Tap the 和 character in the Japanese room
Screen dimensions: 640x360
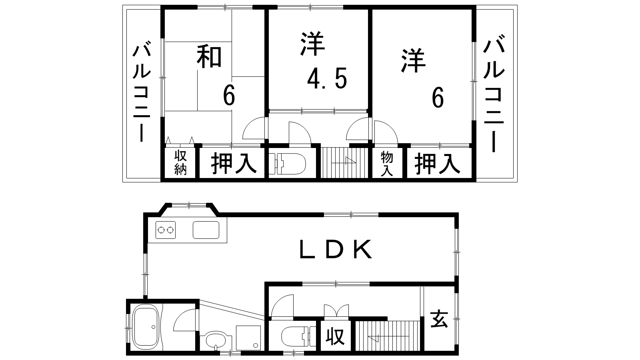point(209,57)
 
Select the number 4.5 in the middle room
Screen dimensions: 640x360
point(327,78)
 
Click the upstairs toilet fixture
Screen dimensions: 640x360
point(288,164)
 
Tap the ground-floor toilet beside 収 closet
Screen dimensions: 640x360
point(298,336)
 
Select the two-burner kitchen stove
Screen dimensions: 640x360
point(166,230)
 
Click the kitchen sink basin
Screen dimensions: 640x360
point(206,230)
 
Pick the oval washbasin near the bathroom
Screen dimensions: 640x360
point(216,340)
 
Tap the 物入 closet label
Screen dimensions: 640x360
point(387,164)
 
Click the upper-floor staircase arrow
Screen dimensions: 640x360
point(344,162)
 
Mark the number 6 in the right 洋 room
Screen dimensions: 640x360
point(438,97)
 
